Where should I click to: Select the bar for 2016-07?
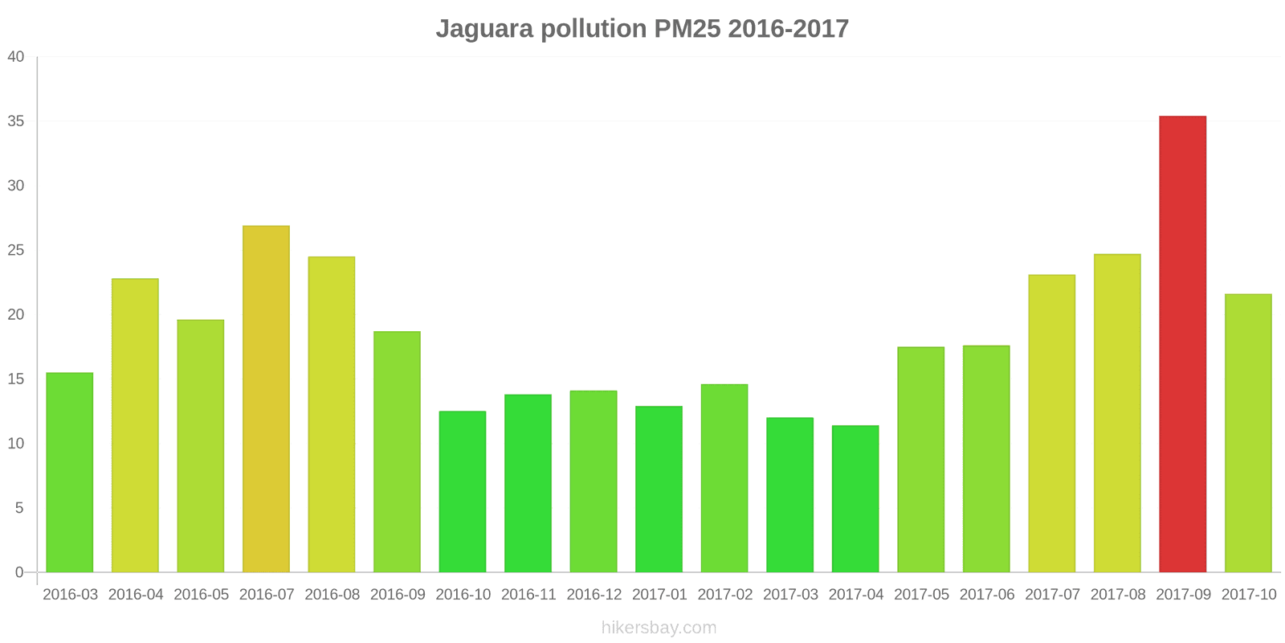tap(266, 399)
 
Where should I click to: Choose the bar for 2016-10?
tap(463, 492)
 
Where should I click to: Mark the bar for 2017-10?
tap(1248, 433)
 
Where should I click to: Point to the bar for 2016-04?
tap(135, 425)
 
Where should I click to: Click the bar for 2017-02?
tap(724, 478)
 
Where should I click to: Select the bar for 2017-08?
tap(1117, 413)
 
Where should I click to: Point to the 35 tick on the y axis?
tap(16, 121)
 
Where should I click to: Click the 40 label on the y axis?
tap(16, 57)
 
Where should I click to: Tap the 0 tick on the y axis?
tap(19, 572)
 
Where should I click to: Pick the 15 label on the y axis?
tap(16, 379)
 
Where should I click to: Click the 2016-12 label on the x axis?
tap(594, 595)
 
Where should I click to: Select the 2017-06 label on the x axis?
tap(986, 595)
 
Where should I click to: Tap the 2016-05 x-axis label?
tap(201, 595)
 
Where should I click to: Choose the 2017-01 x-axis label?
tap(659, 595)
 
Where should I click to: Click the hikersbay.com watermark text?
tap(659, 628)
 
